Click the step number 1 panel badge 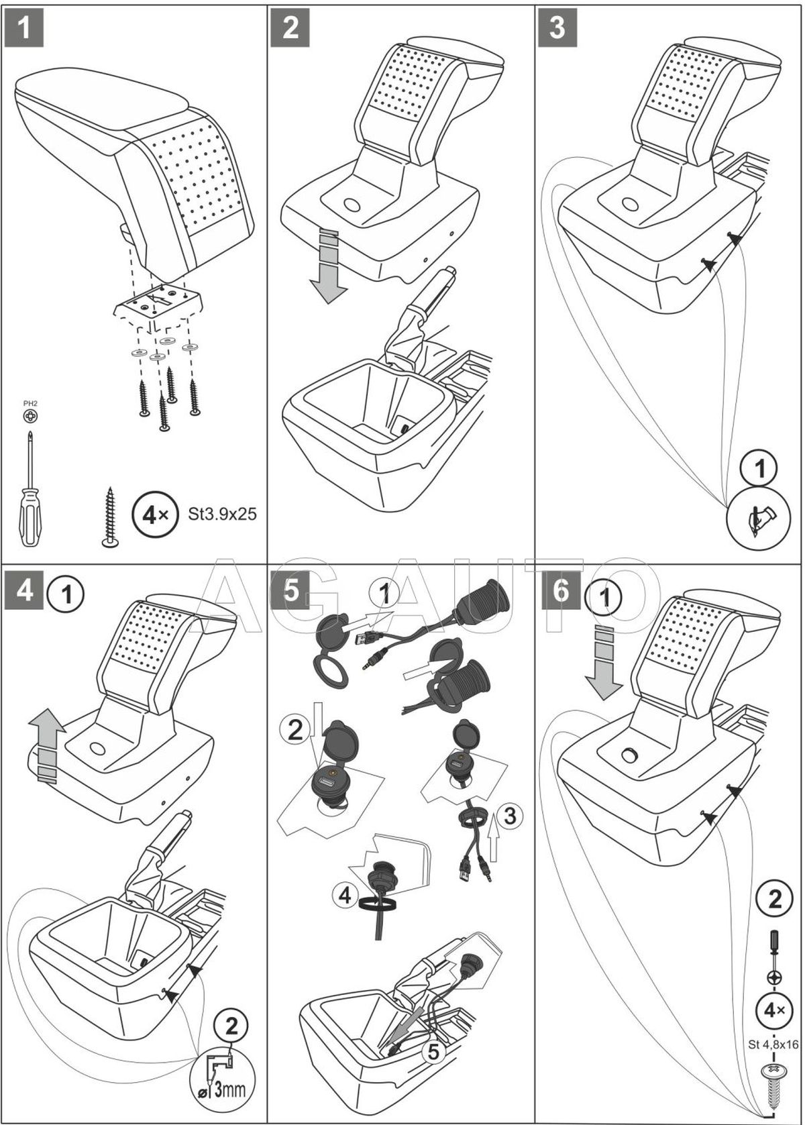24,28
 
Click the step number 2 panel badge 290,28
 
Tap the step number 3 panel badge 557,28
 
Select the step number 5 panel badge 290,591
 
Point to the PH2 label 30,403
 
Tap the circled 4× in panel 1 152,515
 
